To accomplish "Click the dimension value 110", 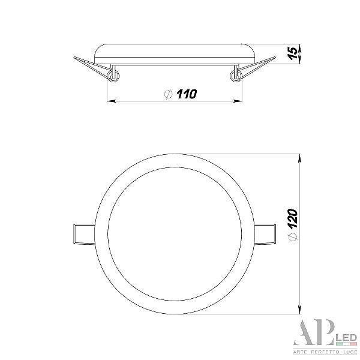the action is pyautogui.click(x=187, y=94).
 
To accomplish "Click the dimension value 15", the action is pyautogui.click(x=293, y=54).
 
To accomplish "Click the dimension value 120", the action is pyautogui.click(x=293, y=218).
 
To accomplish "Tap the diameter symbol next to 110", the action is pyautogui.click(x=169, y=94).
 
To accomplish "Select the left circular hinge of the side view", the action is pyautogui.click(x=113, y=76).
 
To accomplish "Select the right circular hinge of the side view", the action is pyautogui.click(x=236, y=76).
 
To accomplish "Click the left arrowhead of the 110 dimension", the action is pyautogui.click(x=112, y=101).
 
